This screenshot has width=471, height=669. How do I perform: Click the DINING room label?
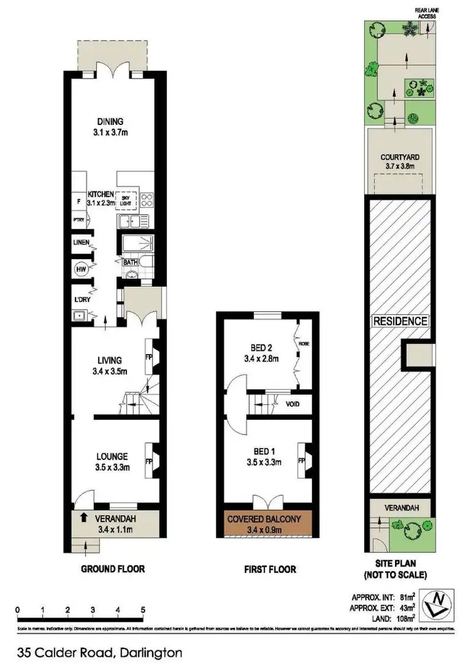click(x=109, y=122)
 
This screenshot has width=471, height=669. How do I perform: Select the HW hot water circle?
click(x=80, y=269)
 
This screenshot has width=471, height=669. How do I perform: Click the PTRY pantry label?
click(x=78, y=220)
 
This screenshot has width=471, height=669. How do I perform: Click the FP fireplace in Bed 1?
click(x=301, y=461)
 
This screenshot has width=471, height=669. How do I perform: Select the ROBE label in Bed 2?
click(x=304, y=345)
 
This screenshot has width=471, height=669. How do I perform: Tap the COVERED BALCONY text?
click(x=269, y=518)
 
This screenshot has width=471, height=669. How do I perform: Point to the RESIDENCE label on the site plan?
click(x=400, y=321)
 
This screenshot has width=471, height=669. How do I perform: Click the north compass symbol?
click(x=438, y=605)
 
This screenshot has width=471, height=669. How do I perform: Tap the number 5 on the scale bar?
click(x=143, y=609)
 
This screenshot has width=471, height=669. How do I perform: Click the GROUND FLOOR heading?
click(x=113, y=569)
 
